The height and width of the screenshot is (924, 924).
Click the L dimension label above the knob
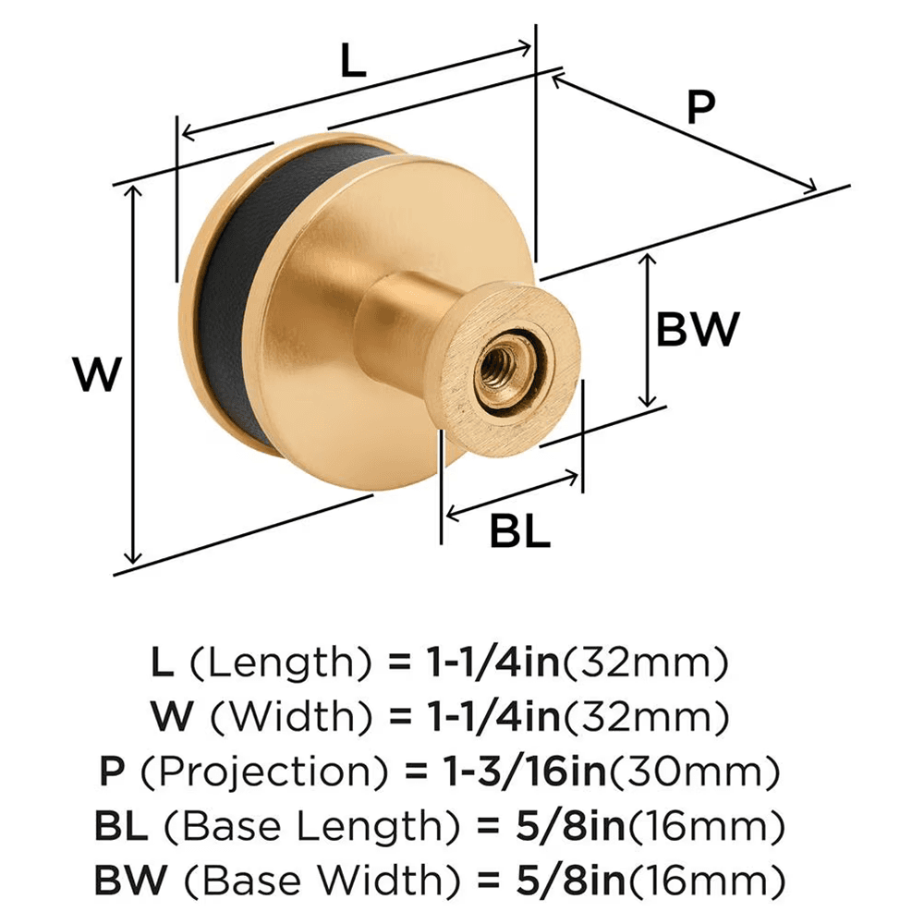[x=353, y=62]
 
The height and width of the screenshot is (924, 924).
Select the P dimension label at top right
[x=700, y=108]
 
